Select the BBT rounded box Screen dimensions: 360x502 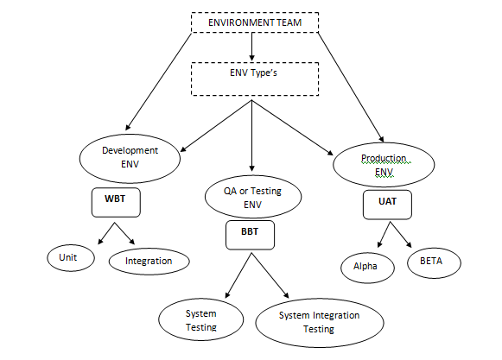pos(251,233)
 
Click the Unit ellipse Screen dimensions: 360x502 pos(67,258)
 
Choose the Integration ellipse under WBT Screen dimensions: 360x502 pos(149,260)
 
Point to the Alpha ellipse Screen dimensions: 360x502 pos(367,266)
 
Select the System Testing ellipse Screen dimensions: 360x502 pos(200,320)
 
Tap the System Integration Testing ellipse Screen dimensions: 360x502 pos(320,321)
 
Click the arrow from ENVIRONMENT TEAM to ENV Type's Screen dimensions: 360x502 pos(251,47)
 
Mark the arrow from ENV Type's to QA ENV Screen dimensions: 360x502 pos(251,134)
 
